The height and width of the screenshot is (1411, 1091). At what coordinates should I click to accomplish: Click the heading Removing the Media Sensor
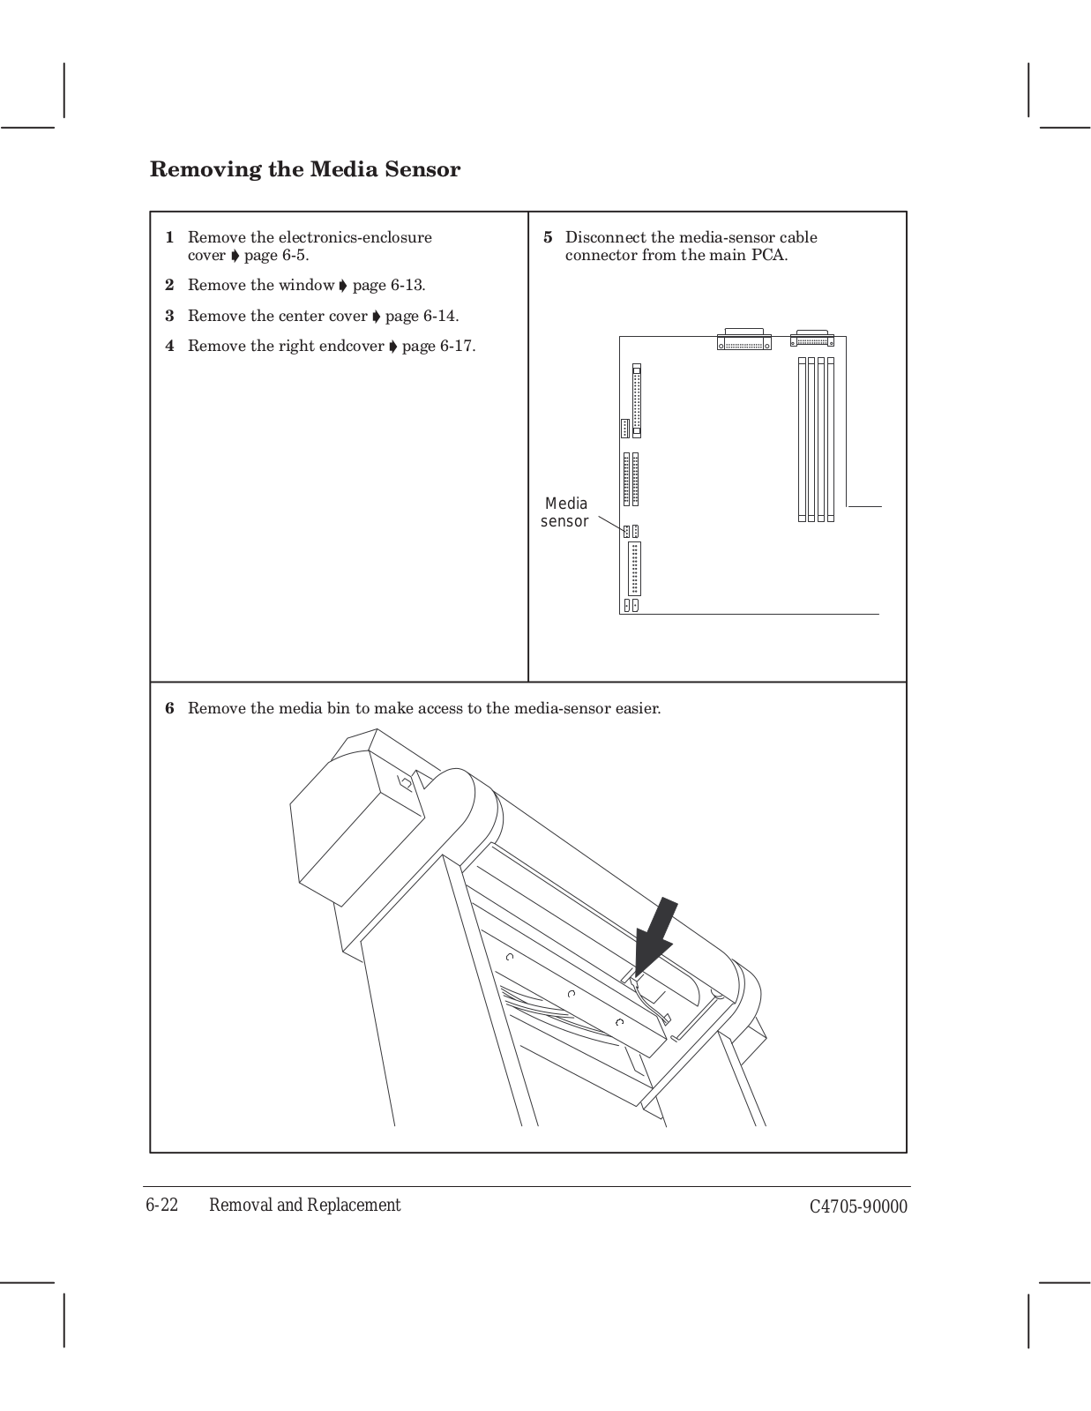(x=305, y=169)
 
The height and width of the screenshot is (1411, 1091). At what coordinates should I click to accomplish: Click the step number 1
(x=169, y=237)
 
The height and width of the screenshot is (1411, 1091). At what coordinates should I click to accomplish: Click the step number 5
(x=548, y=237)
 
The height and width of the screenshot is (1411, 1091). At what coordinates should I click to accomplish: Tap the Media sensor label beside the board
(x=564, y=512)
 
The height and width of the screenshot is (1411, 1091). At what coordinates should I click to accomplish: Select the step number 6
(x=170, y=708)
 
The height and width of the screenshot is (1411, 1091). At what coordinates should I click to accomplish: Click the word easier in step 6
(x=637, y=708)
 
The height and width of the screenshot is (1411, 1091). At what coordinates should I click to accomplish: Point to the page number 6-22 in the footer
(x=162, y=1206)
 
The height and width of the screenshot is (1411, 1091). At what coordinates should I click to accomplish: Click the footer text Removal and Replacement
(x=304, y=1206)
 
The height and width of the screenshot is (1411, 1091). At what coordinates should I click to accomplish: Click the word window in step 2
(x=306, y=286)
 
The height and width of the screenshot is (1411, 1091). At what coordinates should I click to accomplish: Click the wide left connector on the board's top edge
(x=744, y=340)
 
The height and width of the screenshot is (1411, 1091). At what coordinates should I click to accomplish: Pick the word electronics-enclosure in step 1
(x=355, y=237)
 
